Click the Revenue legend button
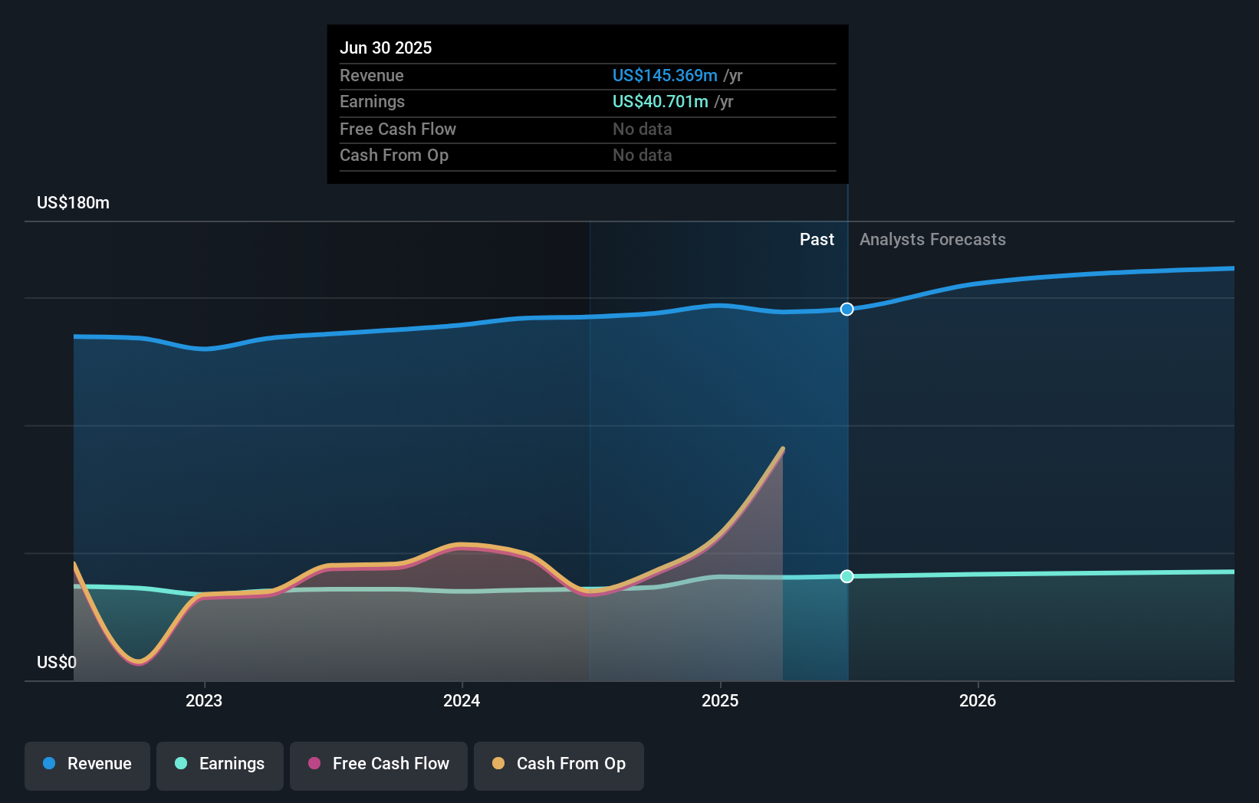coord(87,764)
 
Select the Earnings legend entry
coord(220,764)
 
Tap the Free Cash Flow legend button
coord(379,764)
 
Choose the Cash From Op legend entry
coord(559,764)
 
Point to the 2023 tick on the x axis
coord(204,700)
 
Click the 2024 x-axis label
coord(462,700)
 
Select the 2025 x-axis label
coord(720,700)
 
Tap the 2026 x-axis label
coord(978,700)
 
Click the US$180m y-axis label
coord(73,203)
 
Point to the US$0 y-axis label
coord(57,662)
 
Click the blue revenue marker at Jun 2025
coord(846,310)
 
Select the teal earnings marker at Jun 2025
coord(846,576)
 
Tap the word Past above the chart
coord(817,240)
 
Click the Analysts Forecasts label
coord(932,240)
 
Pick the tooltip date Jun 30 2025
coord(386,48)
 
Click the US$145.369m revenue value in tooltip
coord(665,76)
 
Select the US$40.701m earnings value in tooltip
coord(660,102)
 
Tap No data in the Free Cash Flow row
coord(642,129)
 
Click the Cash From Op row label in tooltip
coord(394,156)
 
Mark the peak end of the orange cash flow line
coord(783,448)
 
